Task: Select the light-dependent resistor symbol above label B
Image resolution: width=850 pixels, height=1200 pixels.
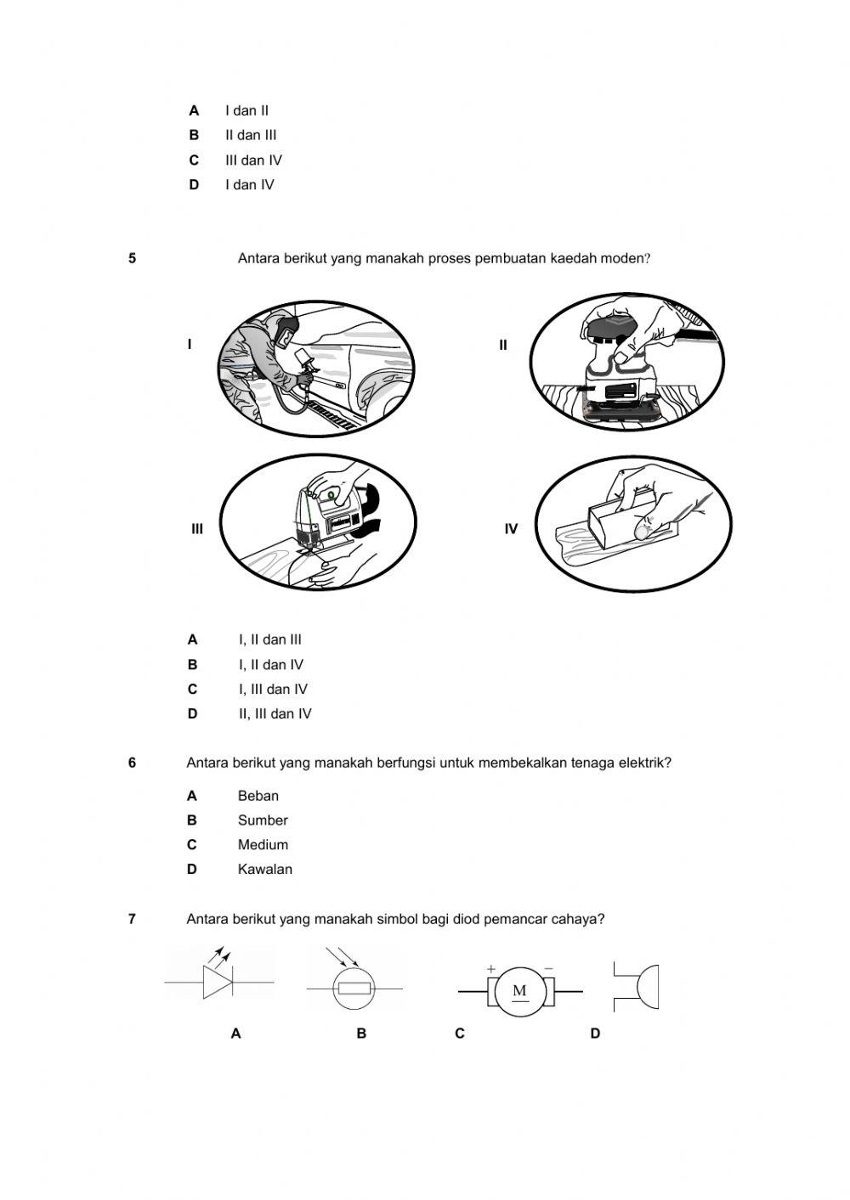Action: click(x=354, y=989)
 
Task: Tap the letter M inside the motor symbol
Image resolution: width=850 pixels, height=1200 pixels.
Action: click(x=520, y=991)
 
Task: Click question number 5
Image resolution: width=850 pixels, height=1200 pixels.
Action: click(x=132, y=258)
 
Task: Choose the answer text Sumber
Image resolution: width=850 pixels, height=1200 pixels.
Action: click(x=263, y=820)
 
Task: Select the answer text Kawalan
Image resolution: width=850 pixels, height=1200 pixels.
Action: click(x=264, y=870)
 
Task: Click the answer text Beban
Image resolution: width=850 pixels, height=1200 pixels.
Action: click(x=258, y=796)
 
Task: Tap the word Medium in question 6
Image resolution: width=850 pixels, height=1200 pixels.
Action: click(x=263, y=845)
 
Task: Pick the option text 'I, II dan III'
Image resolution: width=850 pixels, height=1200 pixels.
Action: click(x=269, y=640)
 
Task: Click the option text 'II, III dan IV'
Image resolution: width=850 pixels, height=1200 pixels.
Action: click(x=275, y=714)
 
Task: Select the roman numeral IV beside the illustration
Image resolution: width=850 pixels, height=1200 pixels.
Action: click(x=511, y=529)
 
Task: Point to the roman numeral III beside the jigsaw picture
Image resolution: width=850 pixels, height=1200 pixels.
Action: click(x=197, y=529)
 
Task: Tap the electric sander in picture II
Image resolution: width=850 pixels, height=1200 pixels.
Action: click(x=620, y=374)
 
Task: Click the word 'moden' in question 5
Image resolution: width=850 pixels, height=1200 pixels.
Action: click(x=622, y=258)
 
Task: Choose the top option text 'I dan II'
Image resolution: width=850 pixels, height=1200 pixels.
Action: click(x=246, y=110)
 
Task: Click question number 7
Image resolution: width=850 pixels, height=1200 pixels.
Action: click(x=132, y=919)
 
